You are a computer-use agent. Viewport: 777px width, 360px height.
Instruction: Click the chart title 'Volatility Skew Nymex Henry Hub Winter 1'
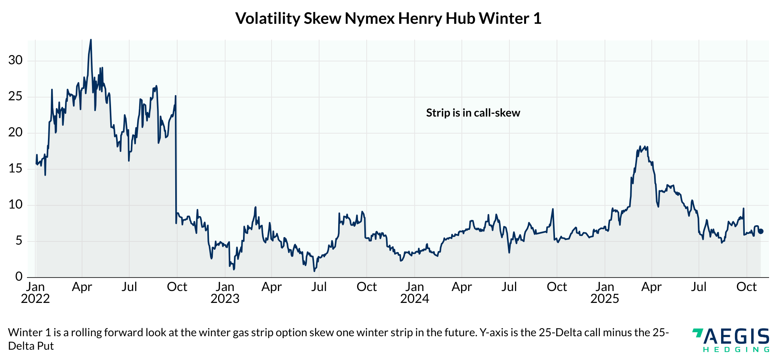pos(388,19)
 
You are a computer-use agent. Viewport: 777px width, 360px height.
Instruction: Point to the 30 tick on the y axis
pos(15,61)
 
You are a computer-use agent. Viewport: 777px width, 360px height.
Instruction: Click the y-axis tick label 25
pos(15,97)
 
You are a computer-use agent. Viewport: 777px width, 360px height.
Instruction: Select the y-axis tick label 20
pos(15,133)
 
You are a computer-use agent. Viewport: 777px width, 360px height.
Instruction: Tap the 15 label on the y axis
pos(15,169)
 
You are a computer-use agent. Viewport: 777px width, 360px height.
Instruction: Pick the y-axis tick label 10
pos(15,205)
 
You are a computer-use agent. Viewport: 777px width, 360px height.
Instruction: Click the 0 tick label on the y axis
pos(19,277)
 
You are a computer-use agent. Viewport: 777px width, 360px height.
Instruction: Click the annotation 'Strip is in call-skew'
pos(473,113)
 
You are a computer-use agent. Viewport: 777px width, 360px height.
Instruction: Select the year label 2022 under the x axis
pos(35,299)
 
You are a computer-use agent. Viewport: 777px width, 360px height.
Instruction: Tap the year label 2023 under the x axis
pos(225,299)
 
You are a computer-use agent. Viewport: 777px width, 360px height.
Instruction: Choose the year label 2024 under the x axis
pos(414,299)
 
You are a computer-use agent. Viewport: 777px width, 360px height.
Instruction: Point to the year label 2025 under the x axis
pos(605,299)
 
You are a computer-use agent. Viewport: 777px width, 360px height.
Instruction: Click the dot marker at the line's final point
pos(761,231)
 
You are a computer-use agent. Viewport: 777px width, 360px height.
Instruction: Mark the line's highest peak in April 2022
pos(91,40)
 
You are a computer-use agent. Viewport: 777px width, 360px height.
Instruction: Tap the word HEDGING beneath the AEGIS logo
pos(737,350)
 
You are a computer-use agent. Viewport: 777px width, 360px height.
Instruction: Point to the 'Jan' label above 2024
pos(414,287)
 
